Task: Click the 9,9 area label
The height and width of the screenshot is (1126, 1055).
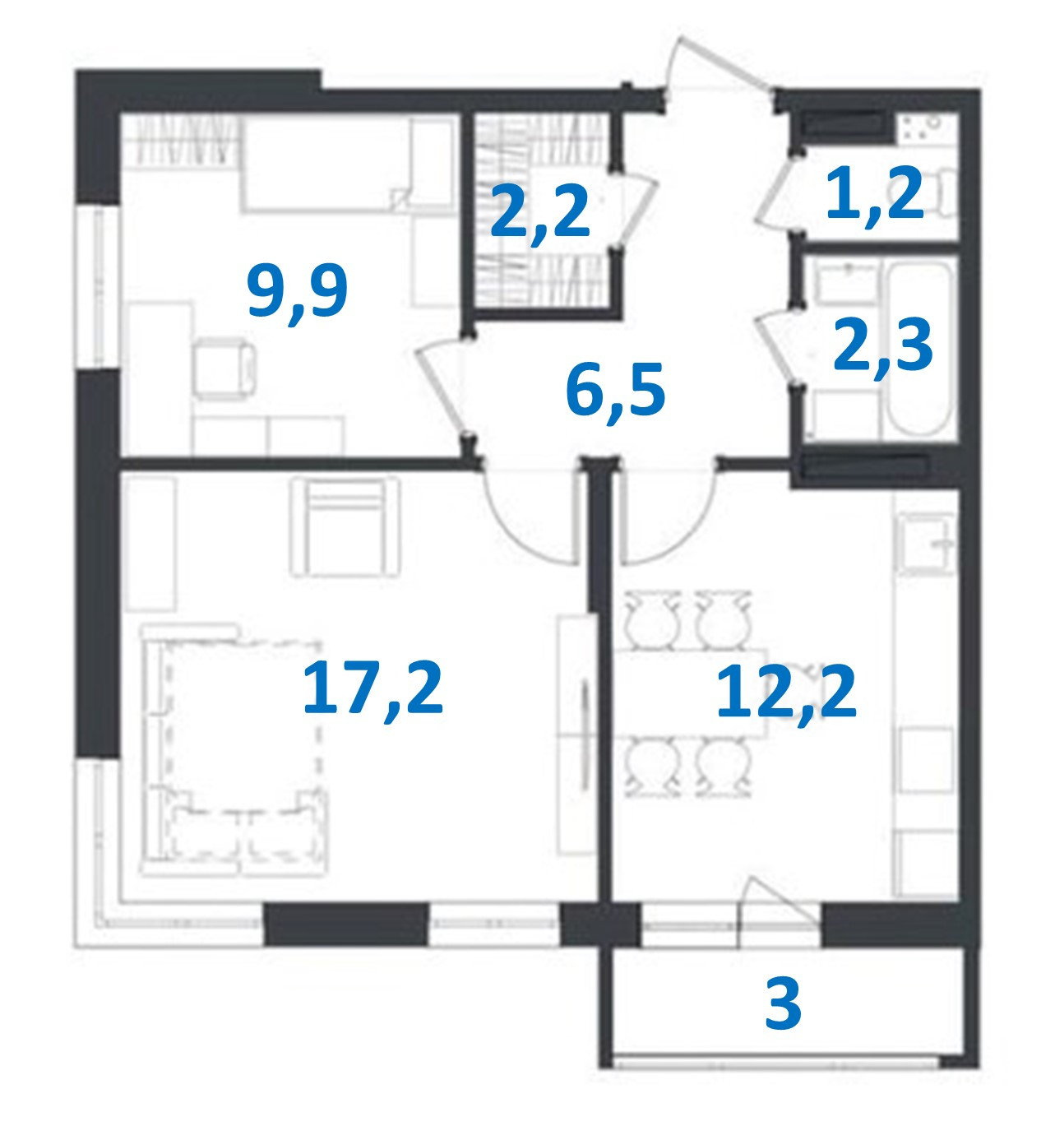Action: tap(298, 291)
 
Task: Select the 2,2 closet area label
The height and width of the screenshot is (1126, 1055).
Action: tap(540, 212)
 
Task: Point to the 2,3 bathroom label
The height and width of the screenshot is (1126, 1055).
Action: tap(882, 346)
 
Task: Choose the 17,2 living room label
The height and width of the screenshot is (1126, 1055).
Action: tap(372, 688)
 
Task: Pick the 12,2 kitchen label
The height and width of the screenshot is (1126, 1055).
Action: tap(786, 693)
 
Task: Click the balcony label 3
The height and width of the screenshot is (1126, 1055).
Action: tap(782, 1004)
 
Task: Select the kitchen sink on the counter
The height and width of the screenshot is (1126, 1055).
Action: tap(926, 543)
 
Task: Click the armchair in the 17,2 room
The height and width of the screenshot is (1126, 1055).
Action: tap(345, 526)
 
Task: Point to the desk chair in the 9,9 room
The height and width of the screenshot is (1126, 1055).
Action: tap(224, 369)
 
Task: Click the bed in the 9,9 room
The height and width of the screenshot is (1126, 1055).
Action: tap(345, 164)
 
